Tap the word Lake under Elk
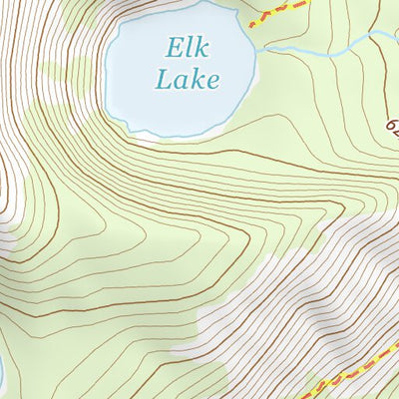(187, 80)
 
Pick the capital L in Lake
(163, 80)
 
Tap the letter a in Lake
(180, 82)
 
